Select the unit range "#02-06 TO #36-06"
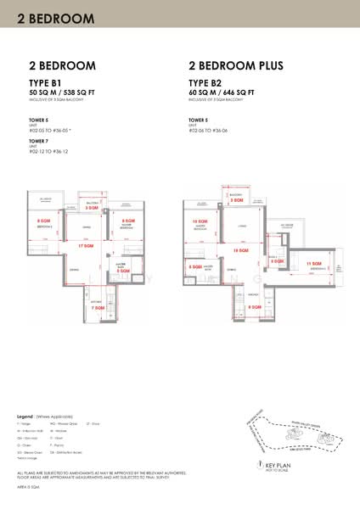(x=212, y=130)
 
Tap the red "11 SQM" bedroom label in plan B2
(x=312, y=265)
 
